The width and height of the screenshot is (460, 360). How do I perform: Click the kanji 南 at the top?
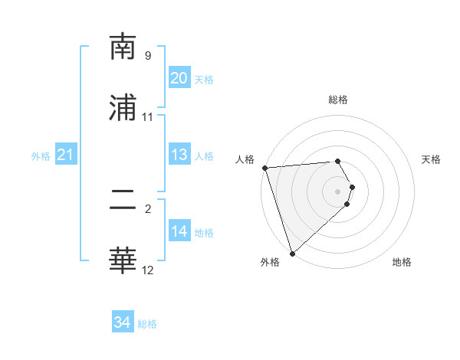[x=123, y=47]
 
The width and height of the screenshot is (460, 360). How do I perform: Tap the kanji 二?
[x=123, y=201]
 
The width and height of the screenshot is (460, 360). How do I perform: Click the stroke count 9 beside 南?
[x=148, y=56]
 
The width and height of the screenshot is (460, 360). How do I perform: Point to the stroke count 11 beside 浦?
[x=148, y=117]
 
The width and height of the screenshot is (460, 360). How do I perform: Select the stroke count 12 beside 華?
[x=148, y=270]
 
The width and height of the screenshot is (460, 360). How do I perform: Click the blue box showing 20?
[x=179, y=78]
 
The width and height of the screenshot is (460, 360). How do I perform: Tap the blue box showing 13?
[x=179, y=155]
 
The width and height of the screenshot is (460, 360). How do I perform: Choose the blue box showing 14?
[x=179, y=231]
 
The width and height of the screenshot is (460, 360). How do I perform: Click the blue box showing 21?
[x=65, y=155]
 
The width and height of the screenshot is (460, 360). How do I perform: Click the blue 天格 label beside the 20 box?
[x=204, y=80]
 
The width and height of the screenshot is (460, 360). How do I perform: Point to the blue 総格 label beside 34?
[x=148, y=324]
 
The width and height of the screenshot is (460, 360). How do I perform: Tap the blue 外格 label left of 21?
[x=41, y=156]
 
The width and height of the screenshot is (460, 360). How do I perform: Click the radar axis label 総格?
[x=338, y=100]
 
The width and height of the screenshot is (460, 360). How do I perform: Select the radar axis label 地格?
[x=402, y=262]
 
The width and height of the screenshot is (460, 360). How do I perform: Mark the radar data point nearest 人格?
[x=264, y=168]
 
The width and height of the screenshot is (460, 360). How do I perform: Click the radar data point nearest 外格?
[x=292, y=253]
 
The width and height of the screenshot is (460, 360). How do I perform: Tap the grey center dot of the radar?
[x=338, y=191]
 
